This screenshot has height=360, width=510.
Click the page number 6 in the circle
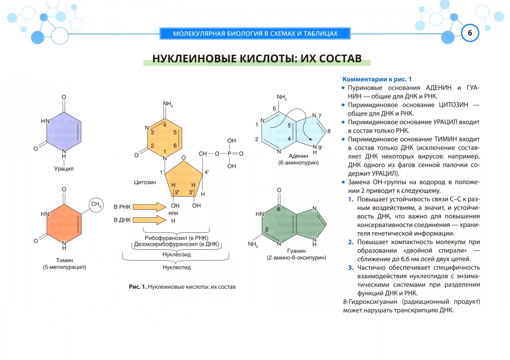[470, 33]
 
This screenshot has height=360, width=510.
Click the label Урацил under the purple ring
[64, 169]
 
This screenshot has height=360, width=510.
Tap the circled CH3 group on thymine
[96, 204]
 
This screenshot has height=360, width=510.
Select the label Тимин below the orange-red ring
[64, 260]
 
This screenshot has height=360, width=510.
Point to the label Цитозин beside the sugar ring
[145, 182]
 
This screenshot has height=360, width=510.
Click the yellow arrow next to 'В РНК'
[149, 207]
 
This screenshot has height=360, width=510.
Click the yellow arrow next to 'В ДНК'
[149, 220]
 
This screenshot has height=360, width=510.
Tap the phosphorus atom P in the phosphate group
[229, 154]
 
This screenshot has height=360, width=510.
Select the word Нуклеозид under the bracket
[177, 255]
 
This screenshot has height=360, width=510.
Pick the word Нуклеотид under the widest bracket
[177, 267]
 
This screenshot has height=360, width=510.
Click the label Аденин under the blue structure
[298, 156]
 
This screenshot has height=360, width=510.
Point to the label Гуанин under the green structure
[296, 251]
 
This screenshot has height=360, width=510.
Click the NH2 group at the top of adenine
[281, 97]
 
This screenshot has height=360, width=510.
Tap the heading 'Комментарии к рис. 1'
[377, 79]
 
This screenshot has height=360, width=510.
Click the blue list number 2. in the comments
[351, 242]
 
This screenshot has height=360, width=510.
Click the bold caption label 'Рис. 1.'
[138, 287]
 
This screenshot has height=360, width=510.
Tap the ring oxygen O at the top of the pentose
[184, 158]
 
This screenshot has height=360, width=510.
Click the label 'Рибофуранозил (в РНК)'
[177, 238]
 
